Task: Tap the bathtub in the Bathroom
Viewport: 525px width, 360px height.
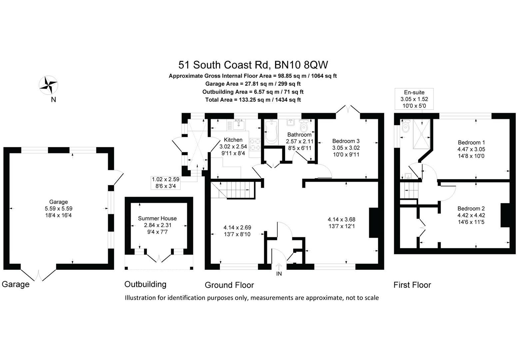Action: tap(271, 132)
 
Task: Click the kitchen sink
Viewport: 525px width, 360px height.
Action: tap(239, 125)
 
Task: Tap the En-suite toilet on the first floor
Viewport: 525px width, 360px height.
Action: tap(405, 128)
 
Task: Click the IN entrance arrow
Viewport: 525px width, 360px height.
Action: tap(279, 266)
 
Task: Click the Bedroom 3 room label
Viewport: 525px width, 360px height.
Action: tap(346, 141)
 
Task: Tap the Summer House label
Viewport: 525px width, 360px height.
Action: tap(157, 218)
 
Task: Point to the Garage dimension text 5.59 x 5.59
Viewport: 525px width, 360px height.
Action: tap(58, 209)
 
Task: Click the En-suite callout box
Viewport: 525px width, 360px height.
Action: tap(414, 99)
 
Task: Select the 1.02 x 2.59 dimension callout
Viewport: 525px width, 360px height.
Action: tap(166, 183)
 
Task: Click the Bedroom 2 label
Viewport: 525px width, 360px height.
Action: tap(471, 208)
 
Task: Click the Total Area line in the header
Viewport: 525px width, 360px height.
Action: tap(253, 100)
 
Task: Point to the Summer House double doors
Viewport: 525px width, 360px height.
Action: tap(159, 258)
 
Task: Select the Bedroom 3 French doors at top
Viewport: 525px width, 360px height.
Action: tap(348, 110)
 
